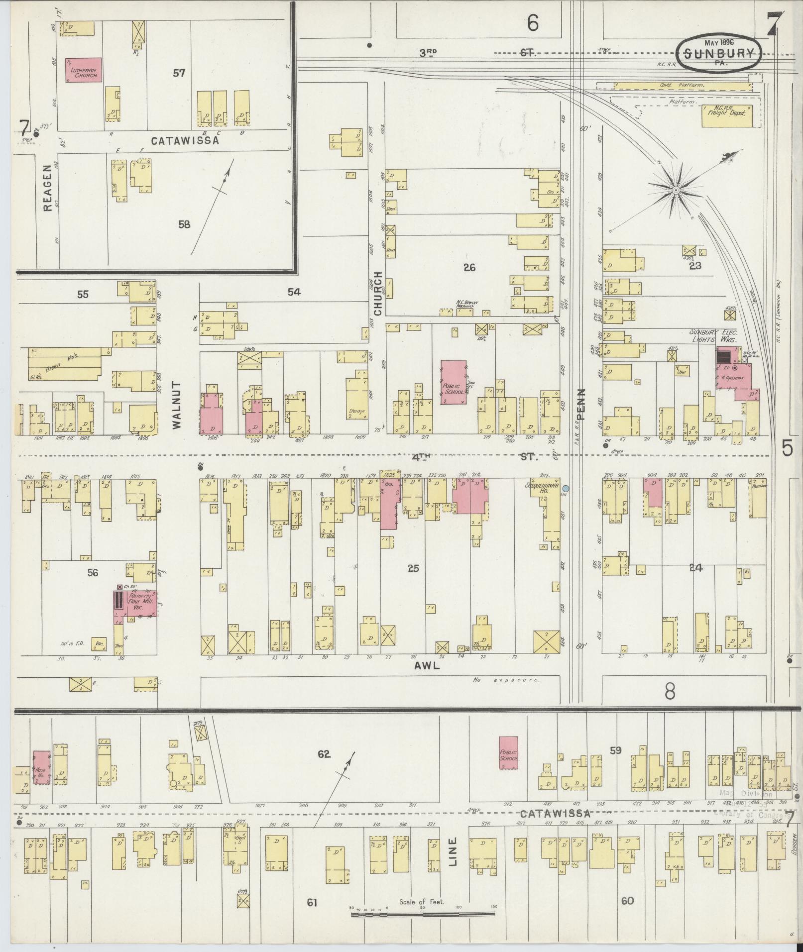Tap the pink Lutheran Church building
(x=84, y=70)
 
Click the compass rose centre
(x=676, y=191)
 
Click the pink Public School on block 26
(x=454, y=382)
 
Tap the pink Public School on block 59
(x=508, y=767)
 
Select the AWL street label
(x=427, y=666)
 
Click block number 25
(x=413, y=568)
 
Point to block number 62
(x=324, y=768)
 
